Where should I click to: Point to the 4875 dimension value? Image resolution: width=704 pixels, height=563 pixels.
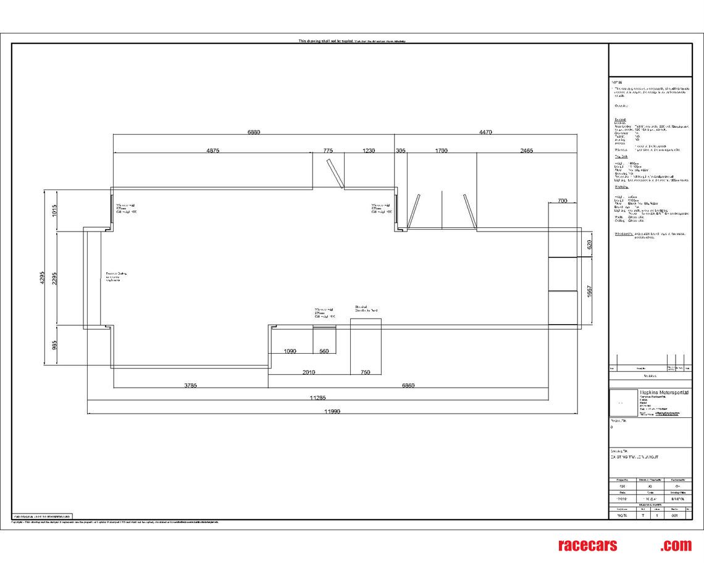coord(212,151)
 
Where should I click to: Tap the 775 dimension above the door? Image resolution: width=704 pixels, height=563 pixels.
coord(327,151)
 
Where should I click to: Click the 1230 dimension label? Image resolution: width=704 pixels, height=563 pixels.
coord(369,151)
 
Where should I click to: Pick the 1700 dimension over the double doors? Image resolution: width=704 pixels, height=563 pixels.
coord(441,151)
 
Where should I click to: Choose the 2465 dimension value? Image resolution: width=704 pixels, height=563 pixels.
coord(526,151)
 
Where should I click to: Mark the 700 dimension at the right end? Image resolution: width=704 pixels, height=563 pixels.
coord(562,201)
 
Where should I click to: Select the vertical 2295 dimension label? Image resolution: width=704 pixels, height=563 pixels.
coord(55,278)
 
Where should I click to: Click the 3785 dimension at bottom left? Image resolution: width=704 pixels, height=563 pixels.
coord(191,386)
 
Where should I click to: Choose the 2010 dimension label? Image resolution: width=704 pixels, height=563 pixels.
coord(308,372)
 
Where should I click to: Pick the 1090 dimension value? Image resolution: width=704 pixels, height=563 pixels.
coord(290,351)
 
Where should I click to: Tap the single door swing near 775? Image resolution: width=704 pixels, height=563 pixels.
coord(333,173)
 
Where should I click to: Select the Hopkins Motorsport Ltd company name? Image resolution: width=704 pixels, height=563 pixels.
coord(664,392)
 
